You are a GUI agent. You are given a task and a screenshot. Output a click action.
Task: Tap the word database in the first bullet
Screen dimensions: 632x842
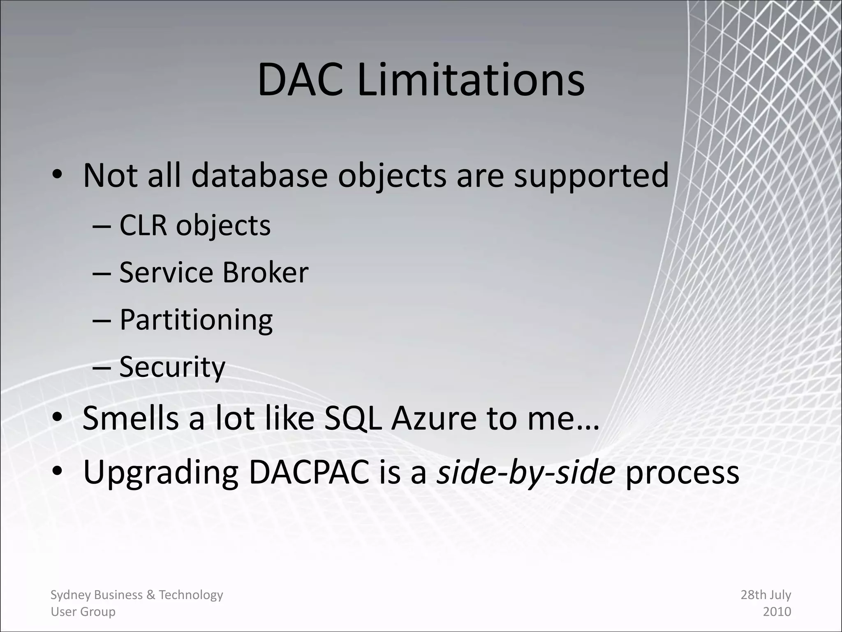click(x=259, y=176)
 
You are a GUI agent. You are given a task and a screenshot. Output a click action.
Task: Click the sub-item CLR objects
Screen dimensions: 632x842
click(x=195, y=226)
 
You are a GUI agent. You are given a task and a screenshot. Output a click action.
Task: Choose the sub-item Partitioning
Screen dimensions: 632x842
click(x=196, y=320)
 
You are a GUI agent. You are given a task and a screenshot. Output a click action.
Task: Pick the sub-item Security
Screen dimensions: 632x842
click(x=172, y=367)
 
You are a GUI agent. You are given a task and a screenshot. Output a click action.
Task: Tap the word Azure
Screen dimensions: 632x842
click(x=434, y=418)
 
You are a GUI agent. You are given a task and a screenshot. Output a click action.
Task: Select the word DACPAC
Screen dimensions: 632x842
click(x=309, y=472)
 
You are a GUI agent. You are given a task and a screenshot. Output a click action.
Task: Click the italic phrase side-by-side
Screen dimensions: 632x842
click(x=525, y=472)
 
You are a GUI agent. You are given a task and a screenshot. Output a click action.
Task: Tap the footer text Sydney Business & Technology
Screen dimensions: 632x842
click(x=136, y=595)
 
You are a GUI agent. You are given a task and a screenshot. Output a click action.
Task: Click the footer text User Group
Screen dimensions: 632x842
click(x=83, y=612)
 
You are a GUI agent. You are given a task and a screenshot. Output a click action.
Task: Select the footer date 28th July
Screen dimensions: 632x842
click(x=766, y=595)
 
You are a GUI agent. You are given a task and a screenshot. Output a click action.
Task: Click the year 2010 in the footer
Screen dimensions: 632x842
click(x=777, y=612)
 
